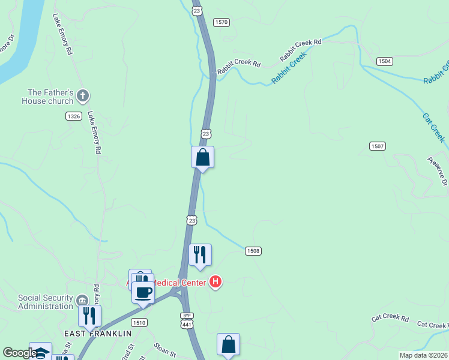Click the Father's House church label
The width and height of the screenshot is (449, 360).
pyautogui.click(x=50, y=97)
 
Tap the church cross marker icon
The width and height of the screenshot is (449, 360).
pyautogui.click(x=83, y=95)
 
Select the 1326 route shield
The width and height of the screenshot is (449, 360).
pyautogui.click(x=74, y=116)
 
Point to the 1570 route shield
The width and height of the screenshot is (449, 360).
pyautogui.click(x=222, y=22)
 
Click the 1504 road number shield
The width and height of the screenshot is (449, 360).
pyautogui.click(x=385, y=61)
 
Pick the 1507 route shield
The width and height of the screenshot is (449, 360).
pyautogui.click(x=378, y=146)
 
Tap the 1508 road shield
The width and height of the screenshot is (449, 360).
pyautogui.click(x=253, y=250)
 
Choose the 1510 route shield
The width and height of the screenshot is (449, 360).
pyautogui.click(x=140, y=322)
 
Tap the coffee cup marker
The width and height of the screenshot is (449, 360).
pyautogui.click(x=143, y=292)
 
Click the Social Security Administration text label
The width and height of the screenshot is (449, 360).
pyautogui.click(x=45, y=302)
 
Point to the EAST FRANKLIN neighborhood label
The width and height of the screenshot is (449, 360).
pyautogui.click(x=98, y=333)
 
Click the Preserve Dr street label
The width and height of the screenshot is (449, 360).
pyautogui.click(x=438, y=171)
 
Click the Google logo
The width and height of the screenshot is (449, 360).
pyautogui.click(x=19, y=353)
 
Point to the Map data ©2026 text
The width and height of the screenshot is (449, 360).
pyautogui.click(x=423, y=355)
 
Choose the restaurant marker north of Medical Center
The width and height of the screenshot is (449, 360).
pyautogui.click(x=200, y=254)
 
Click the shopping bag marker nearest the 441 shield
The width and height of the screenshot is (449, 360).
pyautogui.click(x=228, y=344)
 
